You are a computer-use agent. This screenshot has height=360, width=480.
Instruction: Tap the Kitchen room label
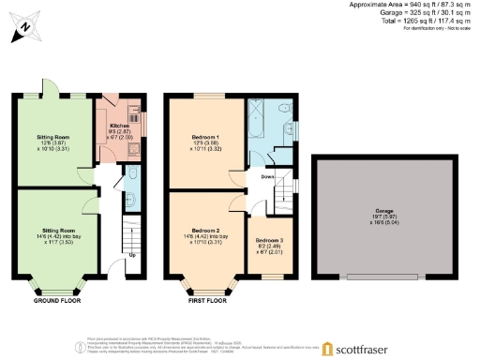(119, 125)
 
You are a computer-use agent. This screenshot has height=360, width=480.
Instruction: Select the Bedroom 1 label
(204, 137)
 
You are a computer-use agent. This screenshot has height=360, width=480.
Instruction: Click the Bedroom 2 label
(204, 230)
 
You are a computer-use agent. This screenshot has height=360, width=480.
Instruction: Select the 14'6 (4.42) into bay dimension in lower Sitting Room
(56, 235)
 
